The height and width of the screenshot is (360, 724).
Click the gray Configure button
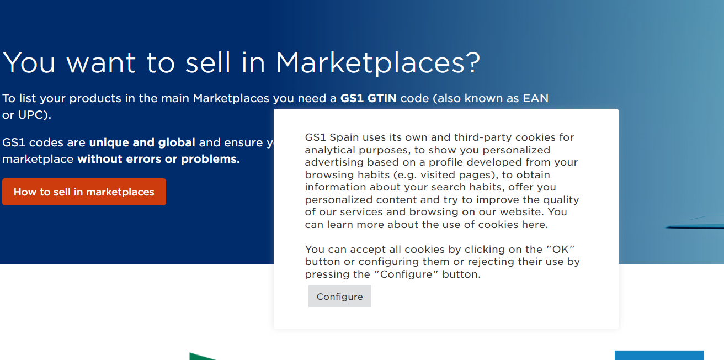(339, 297)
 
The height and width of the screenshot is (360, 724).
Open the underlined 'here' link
(533, 225)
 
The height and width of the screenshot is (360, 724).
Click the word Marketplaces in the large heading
(370, 62)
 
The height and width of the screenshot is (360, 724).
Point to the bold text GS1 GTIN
(368, 98)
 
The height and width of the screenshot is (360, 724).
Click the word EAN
(536, 98)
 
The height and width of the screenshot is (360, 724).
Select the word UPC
(32, 115)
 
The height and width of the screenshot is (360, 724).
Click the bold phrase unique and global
(142, 142)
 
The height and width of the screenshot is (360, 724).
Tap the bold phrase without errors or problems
(158, 160)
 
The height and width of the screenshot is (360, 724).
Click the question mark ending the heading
(472, 62)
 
